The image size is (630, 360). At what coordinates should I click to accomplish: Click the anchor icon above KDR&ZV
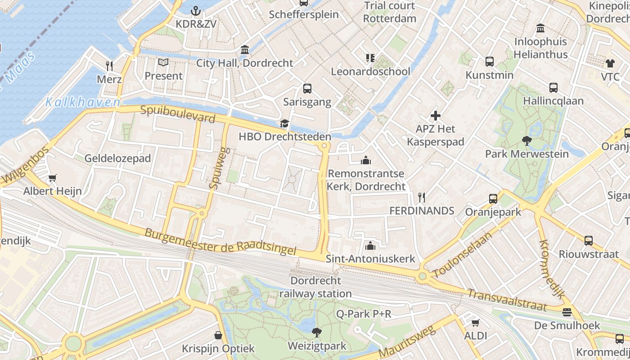[196, 10]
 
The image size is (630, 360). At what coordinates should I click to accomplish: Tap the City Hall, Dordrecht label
[244, 63]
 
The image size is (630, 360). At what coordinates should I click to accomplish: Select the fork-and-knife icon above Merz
[109, 66]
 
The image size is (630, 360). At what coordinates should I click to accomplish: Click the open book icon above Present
[163, 63]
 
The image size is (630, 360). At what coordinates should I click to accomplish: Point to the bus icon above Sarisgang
[307, 89]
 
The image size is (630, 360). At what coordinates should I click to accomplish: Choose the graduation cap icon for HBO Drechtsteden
[284, 123]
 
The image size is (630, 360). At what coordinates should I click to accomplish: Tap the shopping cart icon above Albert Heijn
[53, 178]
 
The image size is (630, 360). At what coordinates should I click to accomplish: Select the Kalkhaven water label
[83, 103]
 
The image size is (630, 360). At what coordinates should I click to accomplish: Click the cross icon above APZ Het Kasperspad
[435, 116]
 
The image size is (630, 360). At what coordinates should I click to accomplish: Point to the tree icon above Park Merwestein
[526, 141]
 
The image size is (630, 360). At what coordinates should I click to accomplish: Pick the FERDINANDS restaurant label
[422, 211]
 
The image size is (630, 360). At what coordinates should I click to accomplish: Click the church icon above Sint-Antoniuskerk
[370, 245]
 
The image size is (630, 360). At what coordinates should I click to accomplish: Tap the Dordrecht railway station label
[315, 287]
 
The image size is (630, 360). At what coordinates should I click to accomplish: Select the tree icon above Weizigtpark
[317, 333]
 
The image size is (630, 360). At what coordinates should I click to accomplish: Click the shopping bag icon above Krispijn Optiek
[218, 335]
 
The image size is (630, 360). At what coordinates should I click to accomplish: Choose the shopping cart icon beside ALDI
[475, 322]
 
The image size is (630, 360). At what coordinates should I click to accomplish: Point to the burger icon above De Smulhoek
[567, 312]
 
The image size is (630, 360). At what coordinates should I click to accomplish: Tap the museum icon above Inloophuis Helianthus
[540, 28]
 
